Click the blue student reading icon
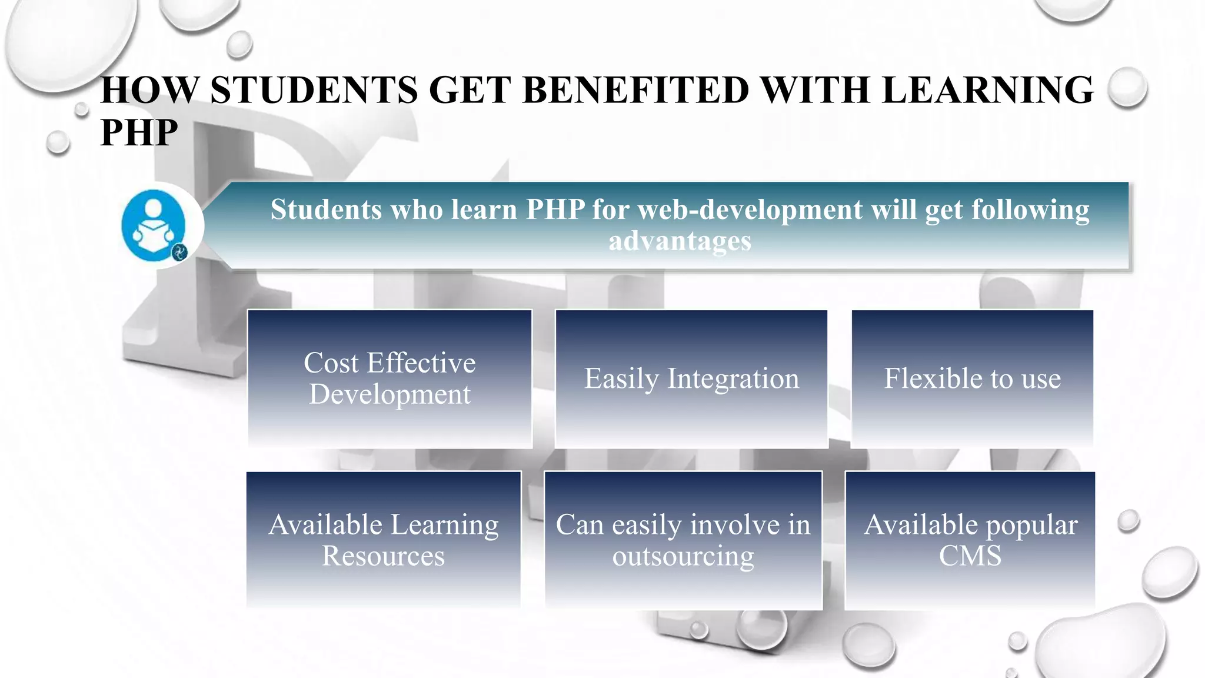(x=154, y=225)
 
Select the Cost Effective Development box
(x=390, y=378)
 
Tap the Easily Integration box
(x=691, y=378)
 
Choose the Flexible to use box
(x=972, y=378)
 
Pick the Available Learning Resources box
(x=384, y=540)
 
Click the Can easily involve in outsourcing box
(x=683, y=540)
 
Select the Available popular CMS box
(x=970, y=540)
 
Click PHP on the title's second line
(x=139, y=132)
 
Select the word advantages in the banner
(x=680, y=241)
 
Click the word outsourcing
(x=683, y=556)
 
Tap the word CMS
(x=970, y=556)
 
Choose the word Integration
(x=733, y=378)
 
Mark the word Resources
(x=384, y=556)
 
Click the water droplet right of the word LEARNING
(x=1127, y=87)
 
